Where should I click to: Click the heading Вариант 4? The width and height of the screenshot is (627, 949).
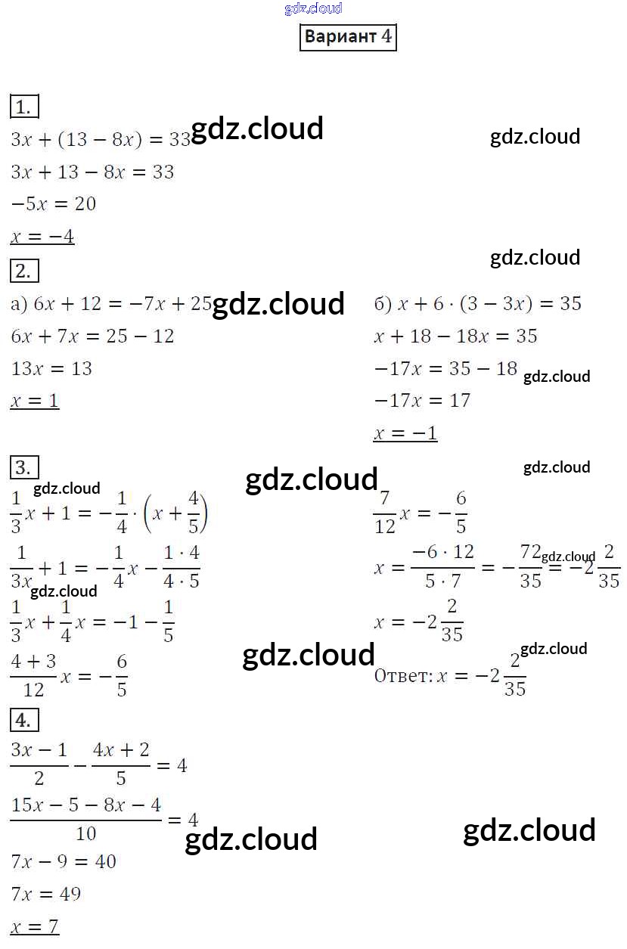[x=348, y=37]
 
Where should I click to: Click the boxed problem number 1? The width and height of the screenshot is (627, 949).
[x=24, y=107]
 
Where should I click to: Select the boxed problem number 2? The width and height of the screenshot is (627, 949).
[x=24, y=271]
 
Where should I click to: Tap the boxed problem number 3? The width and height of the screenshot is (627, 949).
[x=24, y=467]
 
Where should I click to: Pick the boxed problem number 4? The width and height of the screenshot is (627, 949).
[x=24, y=721]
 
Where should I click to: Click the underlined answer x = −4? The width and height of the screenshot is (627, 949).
[x=42, y=237]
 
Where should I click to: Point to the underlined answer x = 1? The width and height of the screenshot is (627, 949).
[x=35, y=401]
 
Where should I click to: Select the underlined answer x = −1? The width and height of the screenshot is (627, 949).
[x=405, y=433]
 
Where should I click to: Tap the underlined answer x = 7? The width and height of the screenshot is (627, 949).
[x=35, y=926]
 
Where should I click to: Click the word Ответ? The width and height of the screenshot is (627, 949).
[x=402, y=675]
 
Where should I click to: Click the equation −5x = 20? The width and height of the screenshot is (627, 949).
[x=53, y=204]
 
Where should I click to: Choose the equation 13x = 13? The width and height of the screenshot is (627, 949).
[x=51, y=368]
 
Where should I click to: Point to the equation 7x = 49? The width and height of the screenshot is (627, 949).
[x=46, y=894]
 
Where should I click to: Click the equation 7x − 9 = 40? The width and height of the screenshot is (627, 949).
[x=64, y=861]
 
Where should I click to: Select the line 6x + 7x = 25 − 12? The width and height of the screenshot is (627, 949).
[x=92, y=336]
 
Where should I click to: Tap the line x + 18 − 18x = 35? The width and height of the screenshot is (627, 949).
[x=455, y=336]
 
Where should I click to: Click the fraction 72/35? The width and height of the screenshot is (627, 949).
[x=531, y=566]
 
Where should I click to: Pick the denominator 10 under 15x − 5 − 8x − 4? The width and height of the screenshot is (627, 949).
[x=86, y=834]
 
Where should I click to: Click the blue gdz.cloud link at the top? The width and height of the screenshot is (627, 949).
[x=313, y=8]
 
